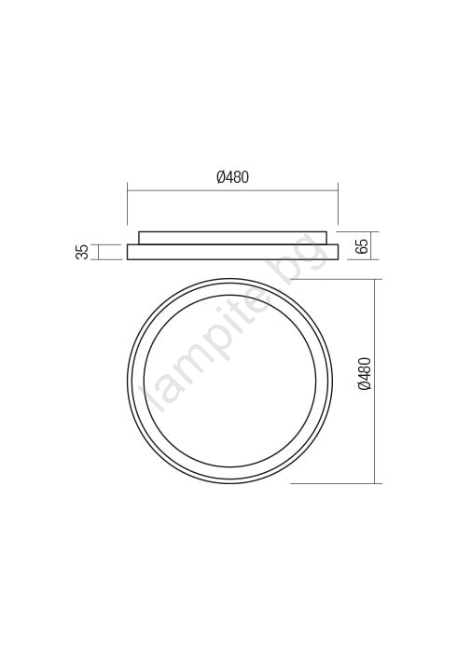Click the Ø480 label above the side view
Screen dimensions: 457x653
click(232, 177)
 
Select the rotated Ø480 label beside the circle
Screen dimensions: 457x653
click(364, 373)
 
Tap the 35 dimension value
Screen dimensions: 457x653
click(82, 252)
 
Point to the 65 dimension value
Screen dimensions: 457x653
click(362, 245)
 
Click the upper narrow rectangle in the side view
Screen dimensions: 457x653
click(232, 238)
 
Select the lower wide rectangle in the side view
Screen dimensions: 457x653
click(232, 252)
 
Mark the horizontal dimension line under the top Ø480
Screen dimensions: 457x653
click(232, 190)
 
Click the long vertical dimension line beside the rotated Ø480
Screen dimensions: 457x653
click(376, 382)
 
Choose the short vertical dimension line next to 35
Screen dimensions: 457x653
click(98, 252)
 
